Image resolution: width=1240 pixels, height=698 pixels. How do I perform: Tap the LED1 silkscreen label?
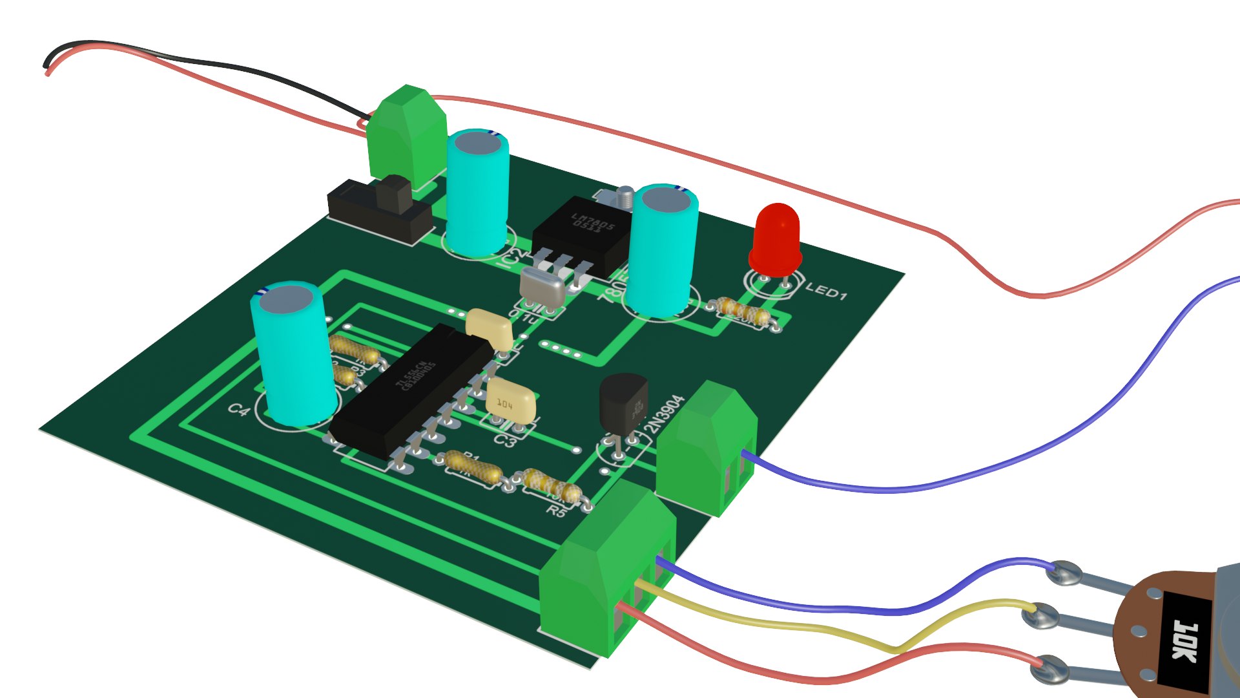pyautogui.click(x=826, y=291)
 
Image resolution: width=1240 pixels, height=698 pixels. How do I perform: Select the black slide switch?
pyautogui.click(x=381, y=210)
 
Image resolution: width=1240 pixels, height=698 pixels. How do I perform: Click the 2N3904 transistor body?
pyautogui.click(x=623, y=404)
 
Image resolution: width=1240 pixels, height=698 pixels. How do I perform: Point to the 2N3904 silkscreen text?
pyautogui.click(x=665, y=414)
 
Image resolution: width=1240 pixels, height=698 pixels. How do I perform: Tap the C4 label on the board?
pyautogui.click(x=238, y=410)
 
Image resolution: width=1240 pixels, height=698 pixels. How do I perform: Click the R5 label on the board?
pyautogui.click(x=556, y=511)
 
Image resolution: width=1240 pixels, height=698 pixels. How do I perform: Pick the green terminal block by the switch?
pyautogui.click(x=407, y=136)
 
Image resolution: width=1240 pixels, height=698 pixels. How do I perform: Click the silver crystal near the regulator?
pyautogui.click(x=542, y=287)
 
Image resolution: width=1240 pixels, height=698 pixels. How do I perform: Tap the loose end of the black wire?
pyautogui.click(x=45, y=65)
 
